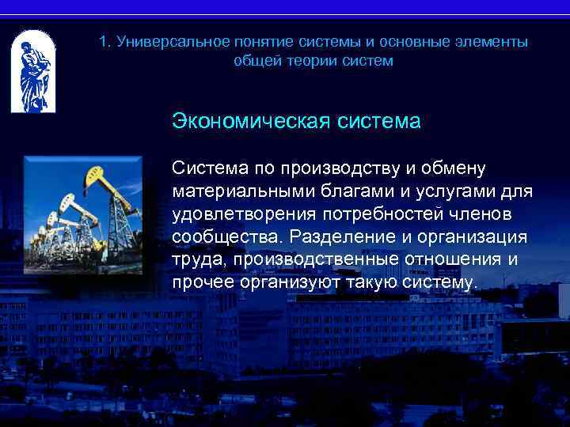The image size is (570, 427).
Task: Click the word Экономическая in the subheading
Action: [x=252, y=123]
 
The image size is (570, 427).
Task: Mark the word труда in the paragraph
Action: [x=196, y=260]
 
